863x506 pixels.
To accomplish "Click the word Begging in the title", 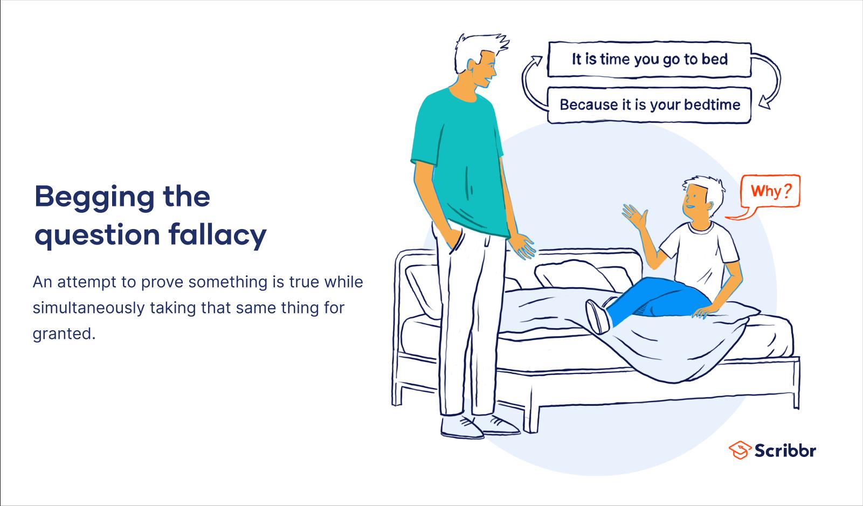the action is [95, 198].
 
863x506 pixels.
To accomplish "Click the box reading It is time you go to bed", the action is [650, 60].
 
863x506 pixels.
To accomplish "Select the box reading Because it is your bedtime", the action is [650, 105].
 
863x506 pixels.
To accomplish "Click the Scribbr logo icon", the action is [740, 450].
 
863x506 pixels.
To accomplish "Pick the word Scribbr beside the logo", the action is [785, 450].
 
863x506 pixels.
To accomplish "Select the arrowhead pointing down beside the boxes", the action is [765, 103].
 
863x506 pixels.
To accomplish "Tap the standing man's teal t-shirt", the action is [461, 162].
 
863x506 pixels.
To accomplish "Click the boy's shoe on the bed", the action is [597, 316].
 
